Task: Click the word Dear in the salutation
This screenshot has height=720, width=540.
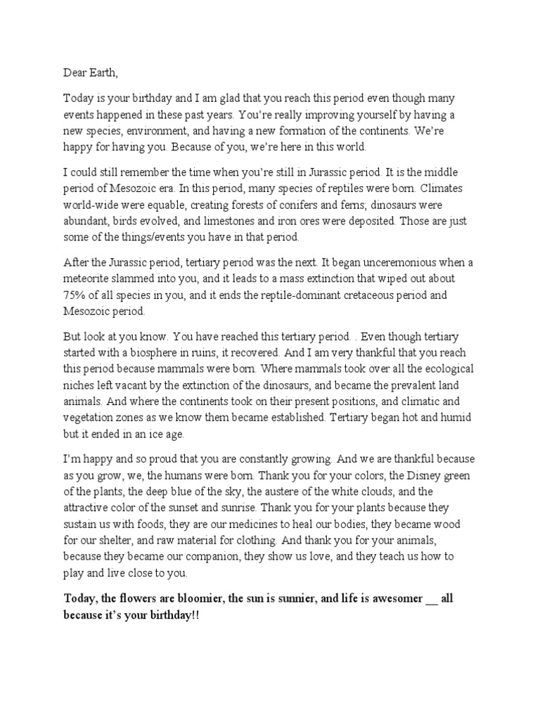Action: click(x=75, y=71)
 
